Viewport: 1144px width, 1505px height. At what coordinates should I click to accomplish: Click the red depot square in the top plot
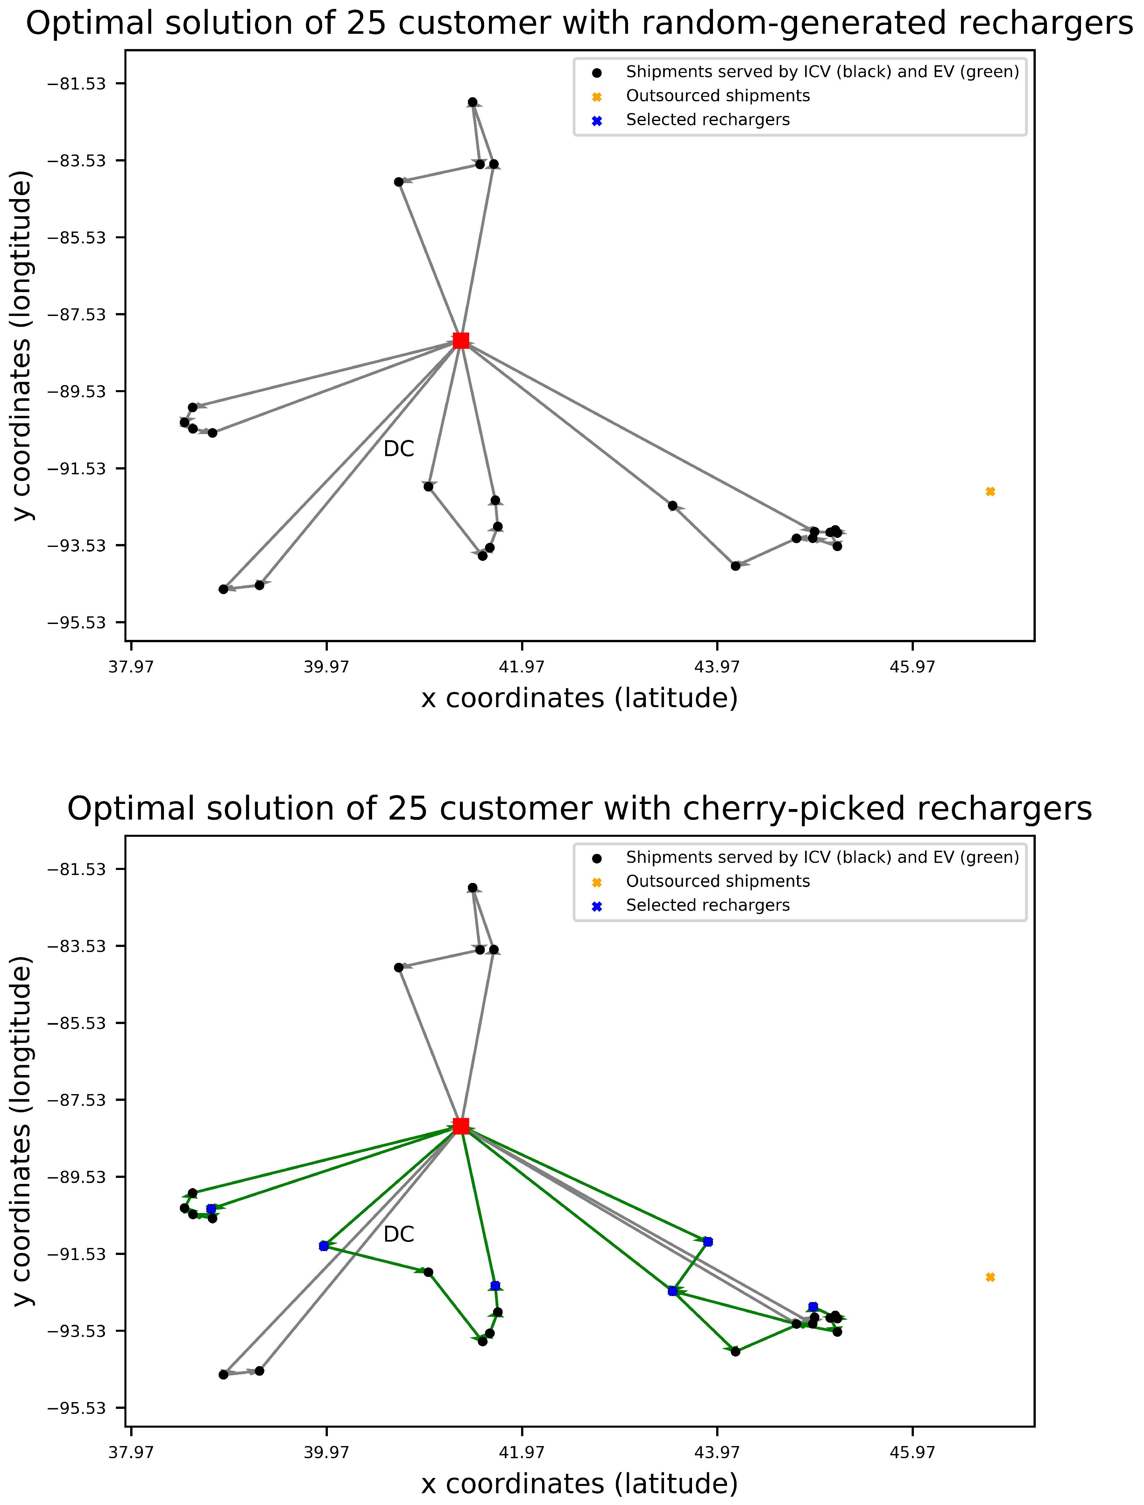[461, 340]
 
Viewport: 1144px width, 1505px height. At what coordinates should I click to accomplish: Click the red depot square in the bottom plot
[461, 1126]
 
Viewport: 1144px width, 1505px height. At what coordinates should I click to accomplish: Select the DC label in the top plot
[398, 449]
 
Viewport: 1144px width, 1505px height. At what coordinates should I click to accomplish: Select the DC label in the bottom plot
[398, 1235]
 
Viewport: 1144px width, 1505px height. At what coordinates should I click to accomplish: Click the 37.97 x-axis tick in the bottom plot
[131, 1453]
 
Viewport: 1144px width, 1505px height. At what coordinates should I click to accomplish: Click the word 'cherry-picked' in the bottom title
[705, 809]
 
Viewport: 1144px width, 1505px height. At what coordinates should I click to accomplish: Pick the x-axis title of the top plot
[580, 698]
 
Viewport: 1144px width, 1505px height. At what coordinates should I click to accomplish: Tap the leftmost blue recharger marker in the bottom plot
[211, 1209]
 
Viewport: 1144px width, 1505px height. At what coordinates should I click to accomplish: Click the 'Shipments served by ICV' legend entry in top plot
[822, 72]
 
